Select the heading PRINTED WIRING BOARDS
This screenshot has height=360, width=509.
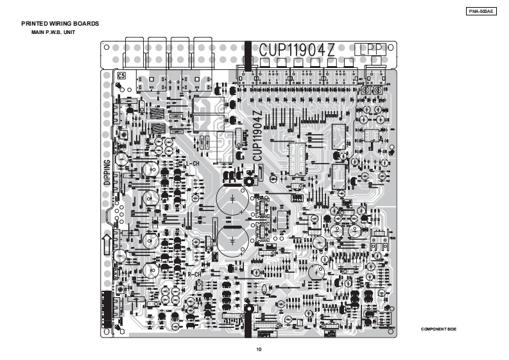pos(60,24)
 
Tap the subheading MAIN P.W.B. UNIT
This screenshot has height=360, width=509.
pos(53,31)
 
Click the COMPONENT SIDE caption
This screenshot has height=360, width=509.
pos(438,329)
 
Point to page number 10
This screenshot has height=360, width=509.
pos(258,349)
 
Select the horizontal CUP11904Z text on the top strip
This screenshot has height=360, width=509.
pos(297,50)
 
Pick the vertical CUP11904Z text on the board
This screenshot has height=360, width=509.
pos(256,135)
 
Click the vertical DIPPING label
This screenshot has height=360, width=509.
pos(107,172)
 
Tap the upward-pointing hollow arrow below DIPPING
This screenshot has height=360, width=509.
pos(107,244)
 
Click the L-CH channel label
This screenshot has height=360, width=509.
pos(191,164)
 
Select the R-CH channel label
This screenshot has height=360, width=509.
pos(195,274)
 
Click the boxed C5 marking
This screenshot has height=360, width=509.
pos(121,76)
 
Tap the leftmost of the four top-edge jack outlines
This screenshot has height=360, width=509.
pos(135,55)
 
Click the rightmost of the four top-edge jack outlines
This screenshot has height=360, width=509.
pos(204,55)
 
